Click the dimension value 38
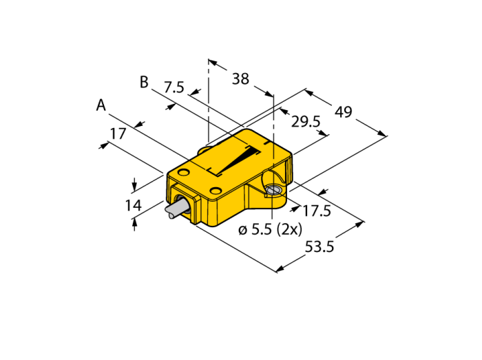[240, 79]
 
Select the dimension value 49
[343, 112]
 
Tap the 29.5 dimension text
[306, 122]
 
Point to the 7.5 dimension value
[174, 87]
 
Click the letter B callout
[144, 82]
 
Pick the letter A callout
[101, 105]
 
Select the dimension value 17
[118, 134]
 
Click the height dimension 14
[134, 205]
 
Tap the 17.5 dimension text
[317, 211]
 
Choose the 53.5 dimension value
[319, 246]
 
